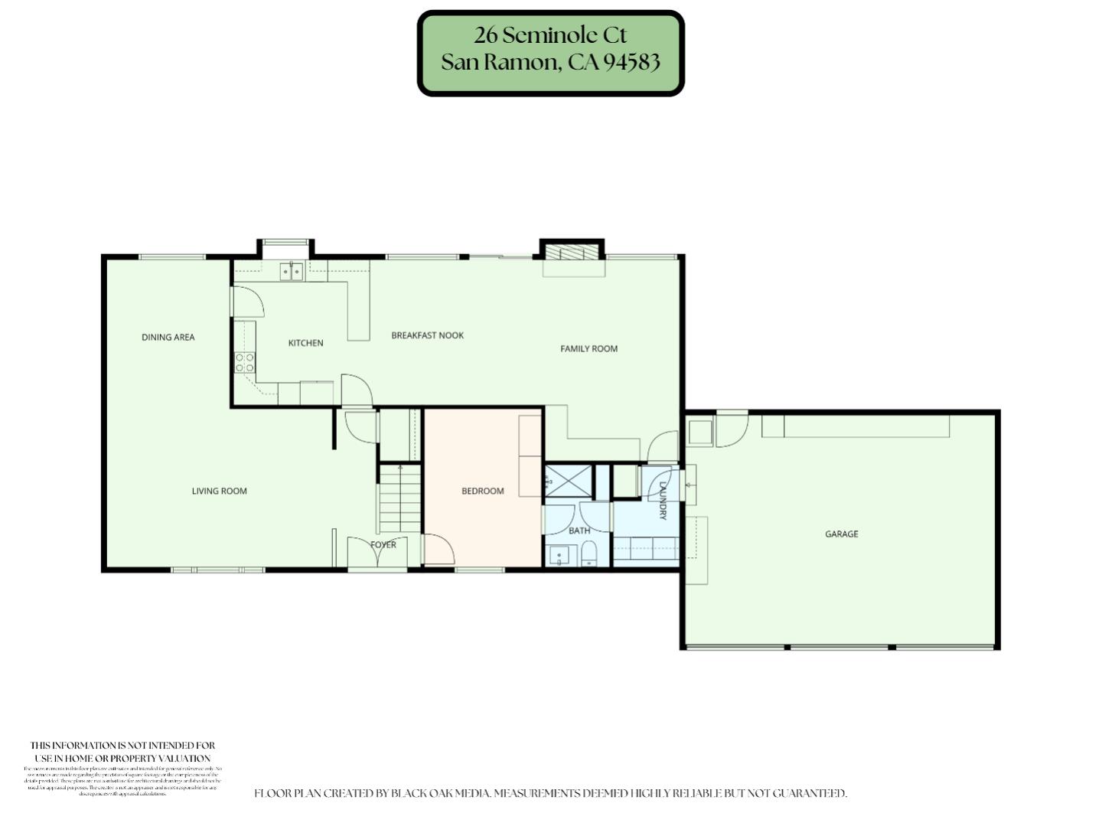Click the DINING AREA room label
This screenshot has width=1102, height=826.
(x=168, y=337)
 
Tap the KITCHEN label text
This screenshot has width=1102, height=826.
(x=305, y=343)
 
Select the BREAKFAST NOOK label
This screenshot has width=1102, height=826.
(x=427, y=335)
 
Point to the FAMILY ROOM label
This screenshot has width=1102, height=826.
(x=588, y=348)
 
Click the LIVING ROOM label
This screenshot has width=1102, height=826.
(x=219, y=491)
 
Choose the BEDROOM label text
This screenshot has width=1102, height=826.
(x=482, y=491)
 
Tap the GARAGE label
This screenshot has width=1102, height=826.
(x=841, y=534)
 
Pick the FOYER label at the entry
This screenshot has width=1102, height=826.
(x=383, y=545)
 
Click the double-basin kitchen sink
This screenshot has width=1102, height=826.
(x=291, y=271)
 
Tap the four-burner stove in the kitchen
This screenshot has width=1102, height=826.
(x=245, y=362)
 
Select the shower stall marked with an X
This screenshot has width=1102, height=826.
(x=569, y=482)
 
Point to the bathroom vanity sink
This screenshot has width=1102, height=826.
(x=559, y=556)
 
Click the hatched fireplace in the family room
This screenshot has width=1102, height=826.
(x=572, y=253)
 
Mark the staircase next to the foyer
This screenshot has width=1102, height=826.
(x=400, y=498)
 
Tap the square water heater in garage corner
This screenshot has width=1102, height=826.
(x=700, y=433)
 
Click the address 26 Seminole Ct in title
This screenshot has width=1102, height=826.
(x=549, y=35)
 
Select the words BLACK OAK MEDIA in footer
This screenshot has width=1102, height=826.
(x=439, y=793)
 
